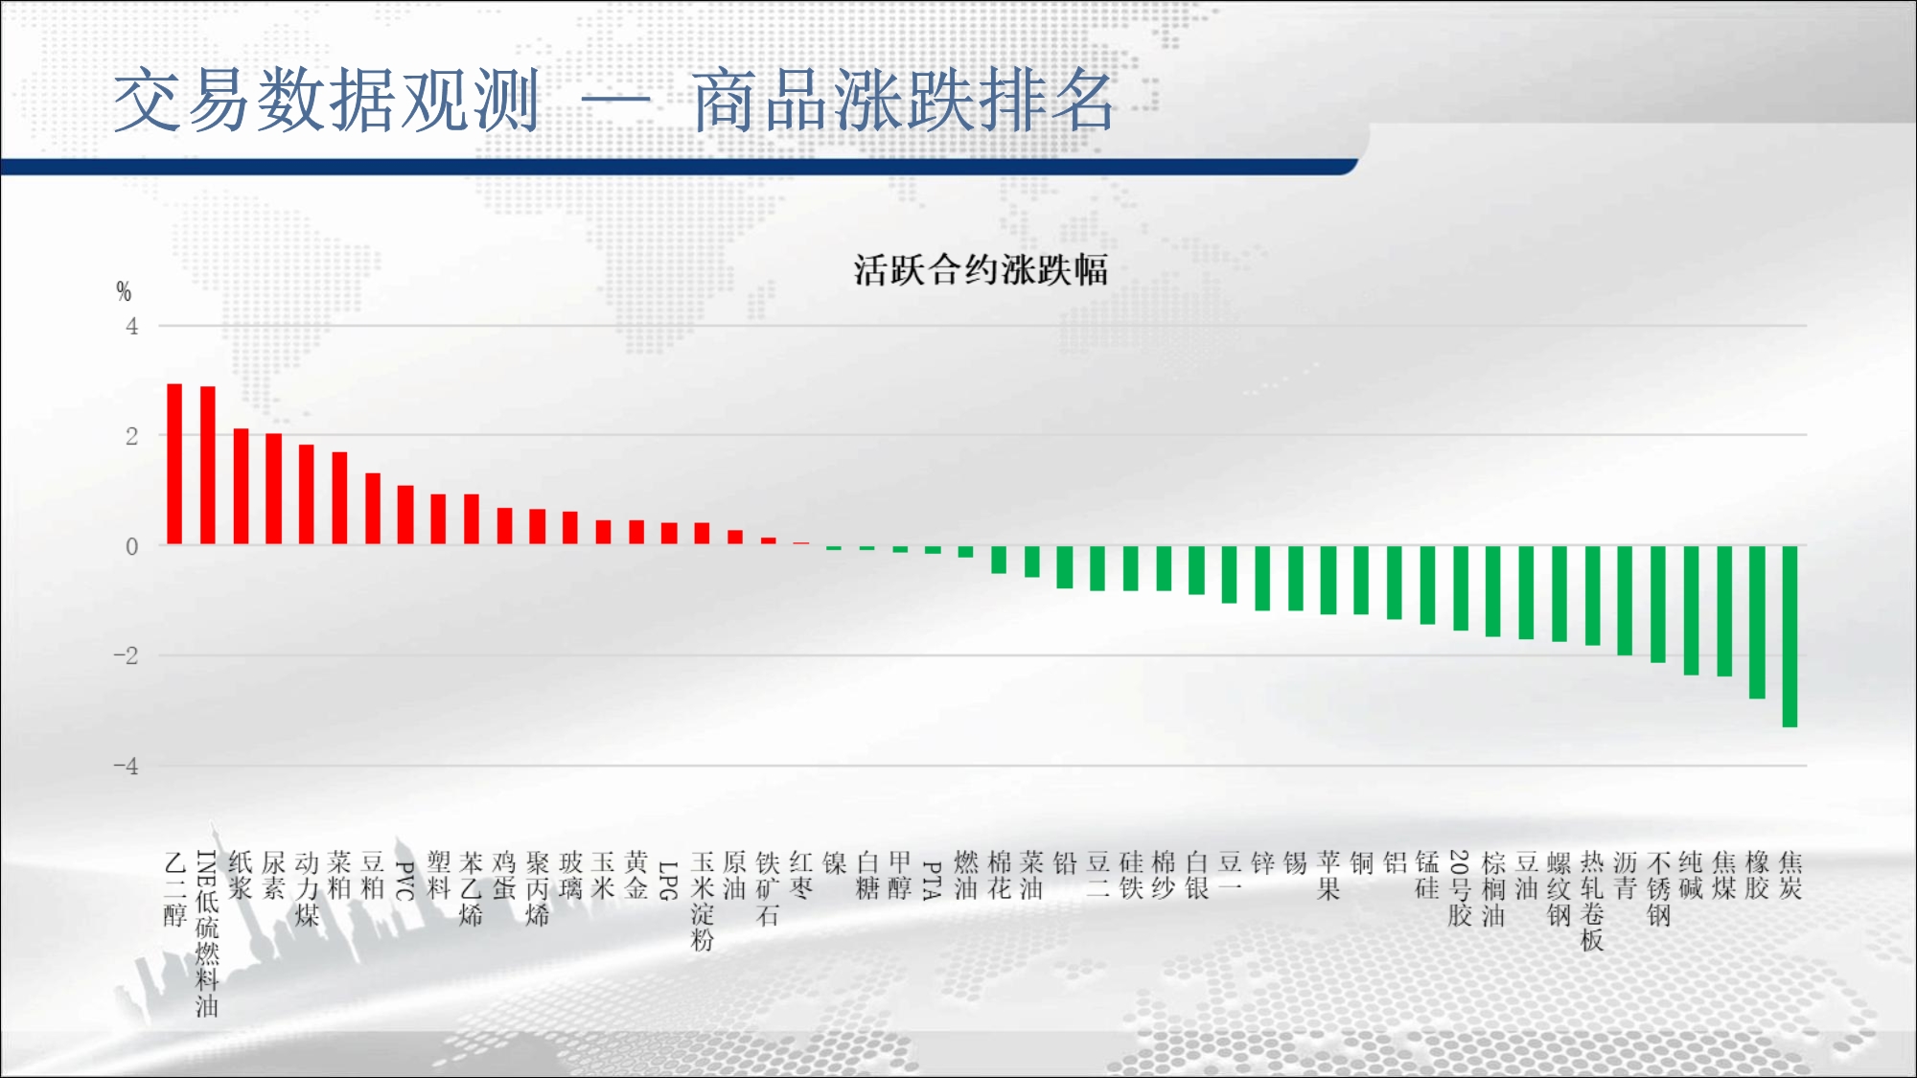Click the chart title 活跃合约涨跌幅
(981, 270)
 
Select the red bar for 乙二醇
(174, 464)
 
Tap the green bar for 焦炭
(1790, 636)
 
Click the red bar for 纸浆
(241, 487)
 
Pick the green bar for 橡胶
(1757, 622)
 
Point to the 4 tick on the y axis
(132, 327)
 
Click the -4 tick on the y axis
(126, 767)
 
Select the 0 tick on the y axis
(132, 547)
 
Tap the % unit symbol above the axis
(124, 291)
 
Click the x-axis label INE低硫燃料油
(207, 933)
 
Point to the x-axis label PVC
(405, 881)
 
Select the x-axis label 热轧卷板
(1592, 901)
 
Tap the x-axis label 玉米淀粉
(703, 901)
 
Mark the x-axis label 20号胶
(1460, 888)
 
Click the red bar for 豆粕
(373, 509)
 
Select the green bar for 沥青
(1625, 601)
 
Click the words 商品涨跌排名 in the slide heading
(903, 101)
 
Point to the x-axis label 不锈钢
(1658, 888)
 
